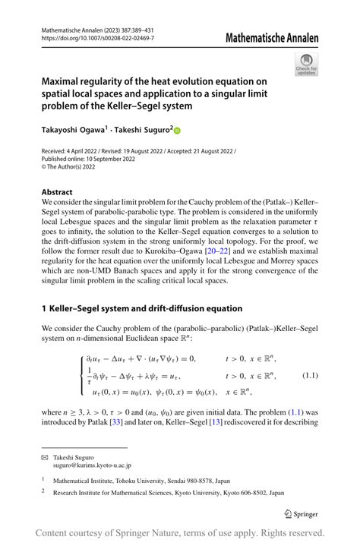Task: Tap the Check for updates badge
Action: [x=307, y=64]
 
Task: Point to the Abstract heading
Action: [x=58, y=192]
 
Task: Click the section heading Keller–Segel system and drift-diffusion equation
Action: [x=147, y=308]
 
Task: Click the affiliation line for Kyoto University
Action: [x=161, y=492]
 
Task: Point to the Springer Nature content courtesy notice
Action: [x=180, y=533]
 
